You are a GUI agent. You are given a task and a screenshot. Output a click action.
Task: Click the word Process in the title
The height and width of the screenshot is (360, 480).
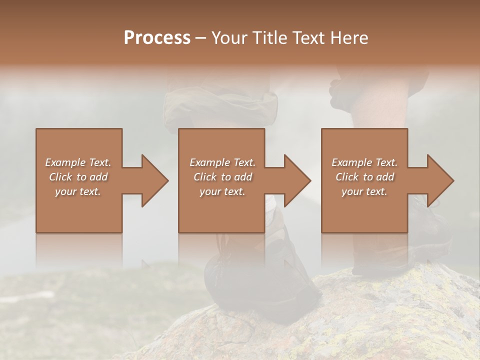click(x=157, y=38)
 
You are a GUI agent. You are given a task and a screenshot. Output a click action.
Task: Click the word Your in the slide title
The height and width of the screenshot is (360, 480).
click(x=230, y=38)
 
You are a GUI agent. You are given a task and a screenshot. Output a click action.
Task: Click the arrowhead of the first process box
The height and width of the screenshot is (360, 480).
click(x=154, y=180)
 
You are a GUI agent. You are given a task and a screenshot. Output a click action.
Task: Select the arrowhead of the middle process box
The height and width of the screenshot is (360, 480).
click(x=297, y=180)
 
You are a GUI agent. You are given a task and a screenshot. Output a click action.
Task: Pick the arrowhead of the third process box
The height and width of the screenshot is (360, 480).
click(x=440, y=180)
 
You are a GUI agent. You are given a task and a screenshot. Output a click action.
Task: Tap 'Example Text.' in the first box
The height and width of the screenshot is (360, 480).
click(x=78, y=162)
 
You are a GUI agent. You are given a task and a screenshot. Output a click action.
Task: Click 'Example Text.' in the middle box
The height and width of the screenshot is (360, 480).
click(x=222, y=162)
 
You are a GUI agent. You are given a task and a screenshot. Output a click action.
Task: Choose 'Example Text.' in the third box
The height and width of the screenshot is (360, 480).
click(x=364, y=162)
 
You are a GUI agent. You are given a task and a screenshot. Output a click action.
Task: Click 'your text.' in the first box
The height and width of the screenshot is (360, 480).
click(x=78, y=191)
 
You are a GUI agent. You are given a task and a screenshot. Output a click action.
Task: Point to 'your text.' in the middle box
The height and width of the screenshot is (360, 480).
click(x=222, y=191)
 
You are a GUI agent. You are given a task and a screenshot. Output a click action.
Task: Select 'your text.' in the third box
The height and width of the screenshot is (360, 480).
click(x=364, y=191)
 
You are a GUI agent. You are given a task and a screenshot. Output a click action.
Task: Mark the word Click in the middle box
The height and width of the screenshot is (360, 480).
click(x=205, y=177)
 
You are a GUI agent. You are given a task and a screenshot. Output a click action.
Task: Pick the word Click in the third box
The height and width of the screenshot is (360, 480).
click(x=347, y=177)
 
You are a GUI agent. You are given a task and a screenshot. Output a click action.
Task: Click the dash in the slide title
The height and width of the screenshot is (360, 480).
click(x=200, y=38)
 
